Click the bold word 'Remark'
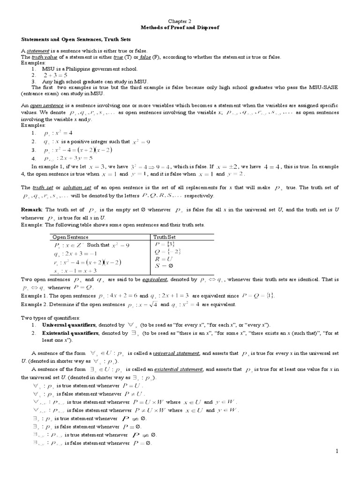[32, 208]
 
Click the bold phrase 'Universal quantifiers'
[69, 324]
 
